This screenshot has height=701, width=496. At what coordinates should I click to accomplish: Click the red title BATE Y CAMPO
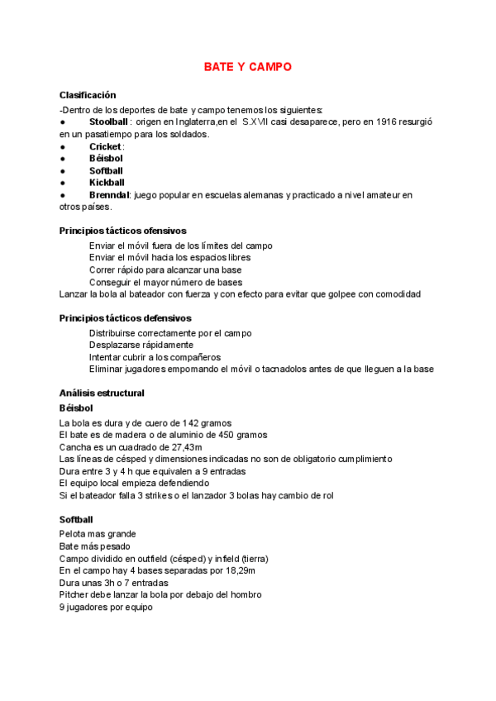(x=247, y=67)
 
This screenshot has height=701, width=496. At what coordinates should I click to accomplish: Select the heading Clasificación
(x=88, y=95)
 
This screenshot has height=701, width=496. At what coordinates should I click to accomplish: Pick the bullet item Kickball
(x=107, y=183)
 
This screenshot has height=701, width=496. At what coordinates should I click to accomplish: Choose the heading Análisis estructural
(x=102, y=393)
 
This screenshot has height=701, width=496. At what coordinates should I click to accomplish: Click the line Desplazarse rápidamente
(x=141, y=345)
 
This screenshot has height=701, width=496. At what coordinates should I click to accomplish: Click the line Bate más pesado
(x=92, y=546)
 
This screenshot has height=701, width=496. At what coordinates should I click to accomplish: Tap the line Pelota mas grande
(x=98, y=534)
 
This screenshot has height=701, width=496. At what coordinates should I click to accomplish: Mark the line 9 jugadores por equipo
(x=106, y=607)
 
